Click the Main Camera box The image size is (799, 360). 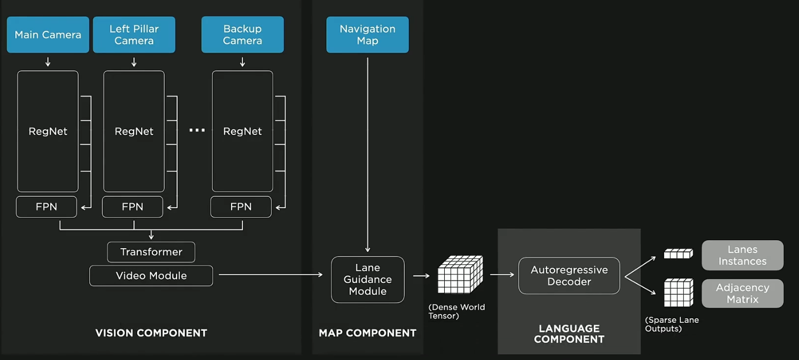[x=48, y=35]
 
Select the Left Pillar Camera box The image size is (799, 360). [x=134, y=35]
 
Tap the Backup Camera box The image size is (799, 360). [x=242, y=35]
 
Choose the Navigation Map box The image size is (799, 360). [x=367, y=35]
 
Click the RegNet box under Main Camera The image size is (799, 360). [x=48, y=131]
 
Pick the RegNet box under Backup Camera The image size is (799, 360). [x=242, y=131]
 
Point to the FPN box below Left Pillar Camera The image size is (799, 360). [x=133, y=207]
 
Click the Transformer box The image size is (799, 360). [x=151, y=252]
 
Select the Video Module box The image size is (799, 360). [x=151, y=276]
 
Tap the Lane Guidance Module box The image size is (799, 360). [x=368, y=280]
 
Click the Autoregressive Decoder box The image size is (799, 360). [x=569, y=276]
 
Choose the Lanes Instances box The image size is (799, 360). [x=742, y=255]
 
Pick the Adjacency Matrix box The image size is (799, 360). [x=742, y=294]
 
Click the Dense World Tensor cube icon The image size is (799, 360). [x=460, y=275]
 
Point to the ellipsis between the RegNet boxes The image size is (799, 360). [x=197, y=130]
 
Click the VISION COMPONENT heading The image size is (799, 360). [x=151, y=333]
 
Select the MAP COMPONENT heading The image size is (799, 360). [x=368, y=333]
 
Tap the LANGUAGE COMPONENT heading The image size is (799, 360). [x=569, y=334]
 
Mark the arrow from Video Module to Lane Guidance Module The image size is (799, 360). [x=270, y=275]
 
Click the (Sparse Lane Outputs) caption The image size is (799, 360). [x=672, y=325]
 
